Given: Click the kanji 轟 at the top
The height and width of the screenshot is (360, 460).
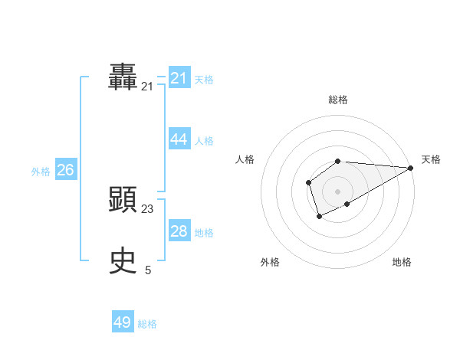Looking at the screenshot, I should tap(123, 77).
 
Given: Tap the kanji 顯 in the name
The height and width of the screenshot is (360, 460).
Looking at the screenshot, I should tap(123, 199).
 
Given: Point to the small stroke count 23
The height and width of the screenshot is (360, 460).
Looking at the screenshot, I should tap(147, 208).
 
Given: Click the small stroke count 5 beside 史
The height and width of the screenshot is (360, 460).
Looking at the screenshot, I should tap(148, 270).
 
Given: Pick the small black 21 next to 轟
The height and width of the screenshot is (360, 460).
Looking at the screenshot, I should tap(147, 87).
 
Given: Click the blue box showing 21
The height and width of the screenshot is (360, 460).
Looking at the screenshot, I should tap(179, 78).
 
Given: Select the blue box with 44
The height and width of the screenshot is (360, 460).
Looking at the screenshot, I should tap(179, 139).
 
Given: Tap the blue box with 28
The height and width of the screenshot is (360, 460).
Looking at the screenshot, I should tap(179, 231).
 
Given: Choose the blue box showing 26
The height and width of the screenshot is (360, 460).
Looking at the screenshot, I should tap(65, 170).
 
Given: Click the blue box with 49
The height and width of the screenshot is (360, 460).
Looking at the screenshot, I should tap(123, 322).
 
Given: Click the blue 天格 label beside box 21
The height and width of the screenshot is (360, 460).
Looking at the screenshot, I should tap(204, 80).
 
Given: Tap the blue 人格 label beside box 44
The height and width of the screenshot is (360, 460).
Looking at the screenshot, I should tap(204, 141).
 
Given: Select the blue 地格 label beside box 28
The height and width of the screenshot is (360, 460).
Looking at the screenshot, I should tap(204, 233).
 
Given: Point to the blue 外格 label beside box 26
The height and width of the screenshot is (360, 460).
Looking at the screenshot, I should tap(41, 172).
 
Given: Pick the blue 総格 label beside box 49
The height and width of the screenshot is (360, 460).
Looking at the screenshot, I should tap(147, 324).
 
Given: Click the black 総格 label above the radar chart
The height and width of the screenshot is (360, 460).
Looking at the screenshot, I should tap(338, 100).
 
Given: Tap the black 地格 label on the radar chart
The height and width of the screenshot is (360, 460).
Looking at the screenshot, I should tap(402, 262).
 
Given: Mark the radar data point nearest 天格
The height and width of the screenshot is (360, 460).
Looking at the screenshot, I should tap(411, 167).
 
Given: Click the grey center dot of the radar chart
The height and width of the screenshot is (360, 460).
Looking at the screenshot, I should tap(337, 191).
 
